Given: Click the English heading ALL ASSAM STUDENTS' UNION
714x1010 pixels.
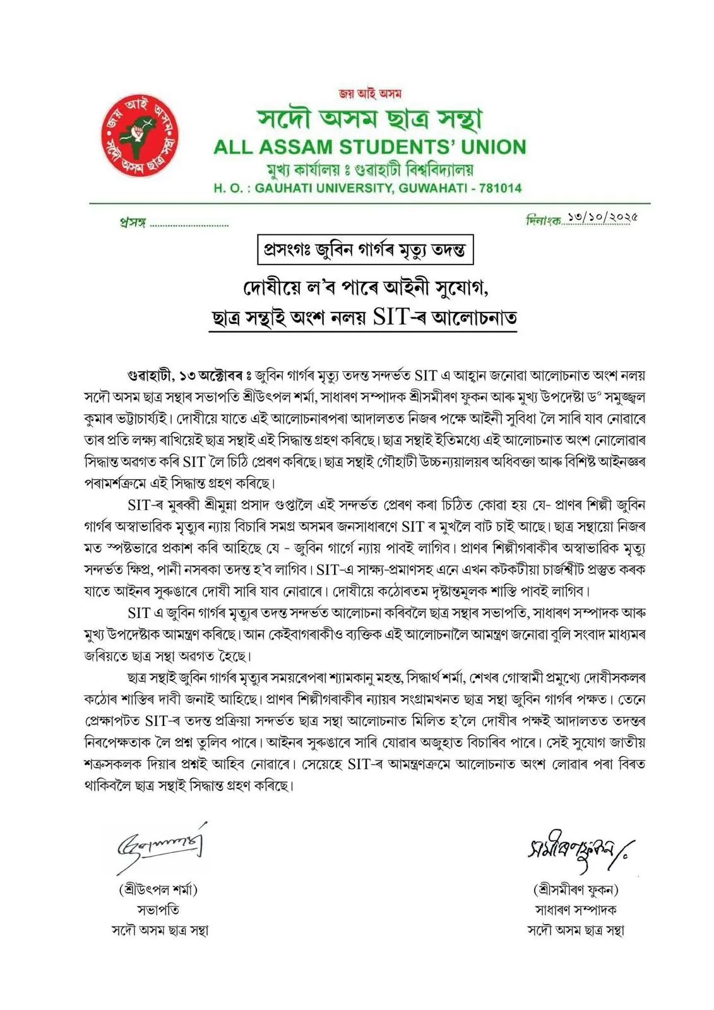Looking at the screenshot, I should [369, 147].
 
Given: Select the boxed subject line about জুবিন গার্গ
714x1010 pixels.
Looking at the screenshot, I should [365, 250].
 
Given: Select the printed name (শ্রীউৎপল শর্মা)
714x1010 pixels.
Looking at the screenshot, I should [158, 890].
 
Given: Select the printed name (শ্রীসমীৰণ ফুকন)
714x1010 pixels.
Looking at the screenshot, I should [576, 890].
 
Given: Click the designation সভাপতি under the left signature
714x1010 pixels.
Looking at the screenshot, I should [158, 910].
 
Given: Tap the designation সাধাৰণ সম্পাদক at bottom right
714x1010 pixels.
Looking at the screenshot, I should [576, 910].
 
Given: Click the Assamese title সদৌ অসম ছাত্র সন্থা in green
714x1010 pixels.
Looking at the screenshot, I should [369, 119].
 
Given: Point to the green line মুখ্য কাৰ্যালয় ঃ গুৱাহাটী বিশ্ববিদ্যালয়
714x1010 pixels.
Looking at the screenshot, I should [369, 169].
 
